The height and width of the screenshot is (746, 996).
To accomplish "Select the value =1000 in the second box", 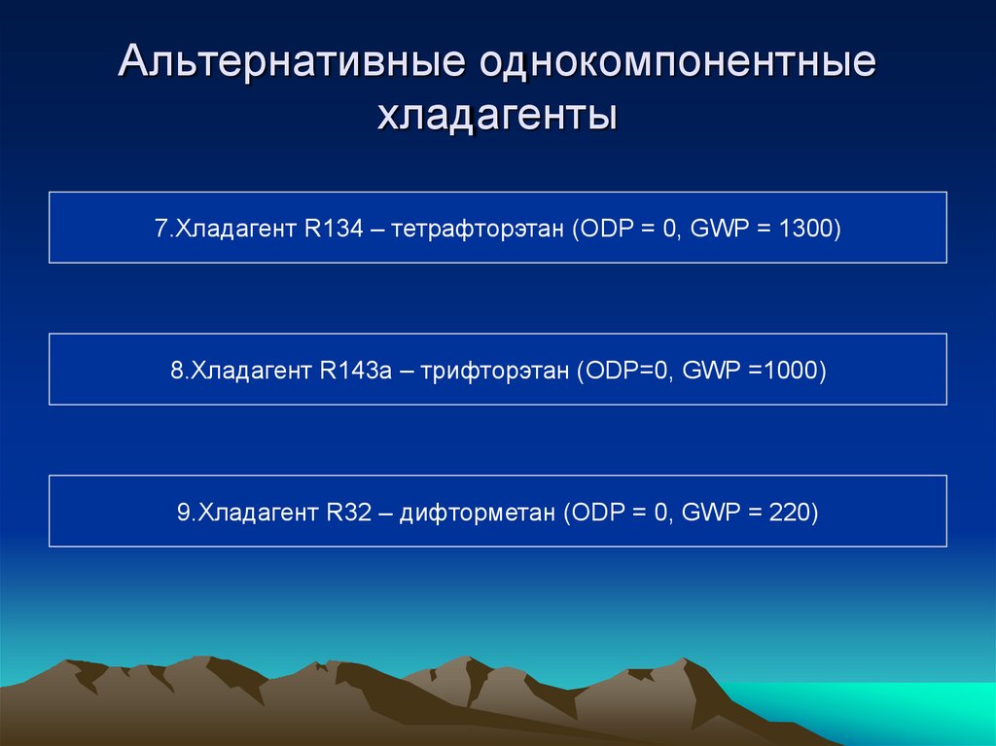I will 791,371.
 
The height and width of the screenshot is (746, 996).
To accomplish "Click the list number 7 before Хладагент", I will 160,229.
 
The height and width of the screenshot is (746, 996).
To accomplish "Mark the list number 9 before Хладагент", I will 183,513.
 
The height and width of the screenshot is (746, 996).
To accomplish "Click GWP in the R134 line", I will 716,229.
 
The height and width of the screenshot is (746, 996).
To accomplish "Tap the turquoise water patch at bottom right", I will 875,715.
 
